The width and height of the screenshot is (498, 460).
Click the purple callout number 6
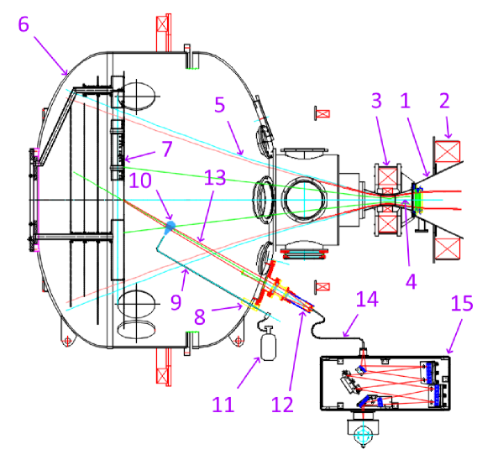24,24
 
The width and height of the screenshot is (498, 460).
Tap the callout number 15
462,303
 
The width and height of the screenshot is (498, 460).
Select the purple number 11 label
223,405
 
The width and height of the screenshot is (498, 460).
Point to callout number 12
282,405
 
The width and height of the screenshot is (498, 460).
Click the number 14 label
367,299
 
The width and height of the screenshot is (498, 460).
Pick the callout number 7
167,149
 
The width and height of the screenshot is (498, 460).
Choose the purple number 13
215,177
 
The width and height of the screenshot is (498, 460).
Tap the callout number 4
411,281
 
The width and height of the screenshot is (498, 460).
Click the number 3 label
376,101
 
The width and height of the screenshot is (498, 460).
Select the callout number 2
444,101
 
